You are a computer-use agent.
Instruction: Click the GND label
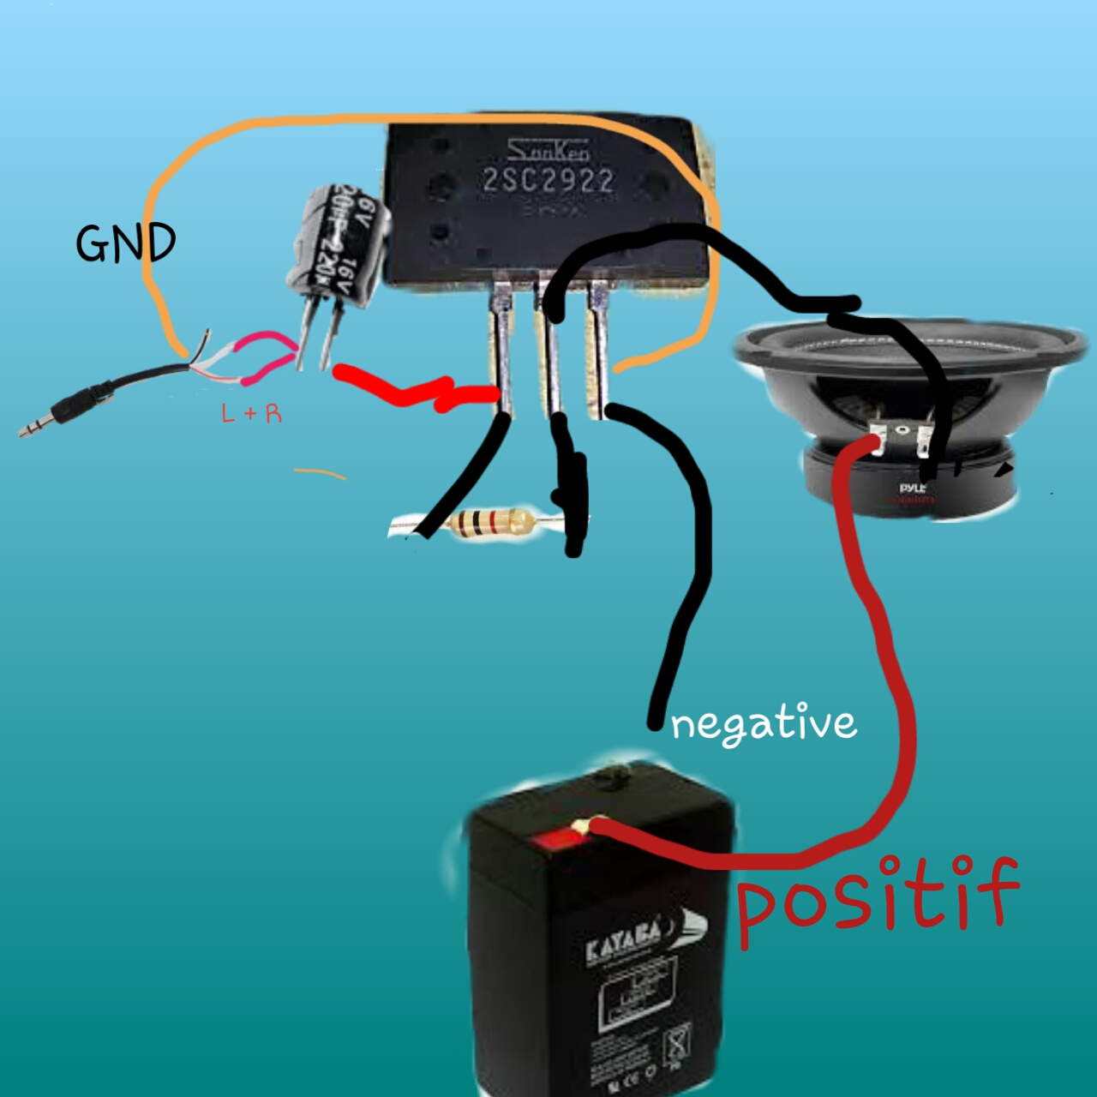pyautogui.click(x=125, y=243)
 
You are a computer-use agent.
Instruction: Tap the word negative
pyautogui.click(x=763, y=725)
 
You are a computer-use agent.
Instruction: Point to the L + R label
pyautogui.click(x=251, y=414)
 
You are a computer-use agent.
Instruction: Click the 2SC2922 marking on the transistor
pyautogui.click(x=548, y=181)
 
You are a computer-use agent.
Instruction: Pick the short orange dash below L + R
pyautogui.click(x=320, y=473)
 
